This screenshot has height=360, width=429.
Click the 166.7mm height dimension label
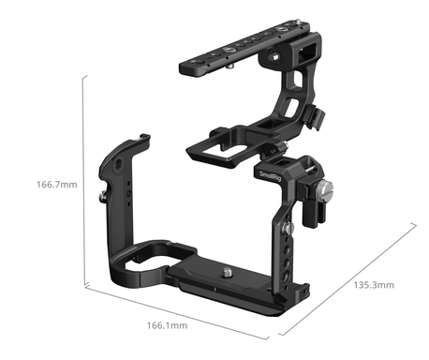click(x=57, y=185)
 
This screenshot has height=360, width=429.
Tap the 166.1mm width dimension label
click(x=168, y=325)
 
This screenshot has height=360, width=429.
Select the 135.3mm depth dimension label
click(x=374, y=285)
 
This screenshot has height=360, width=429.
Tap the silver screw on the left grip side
click(x=103, y=197)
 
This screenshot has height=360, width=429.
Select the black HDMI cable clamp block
click(x=314, y=204)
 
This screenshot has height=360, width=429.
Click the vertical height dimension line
click(x=83, y=181)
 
